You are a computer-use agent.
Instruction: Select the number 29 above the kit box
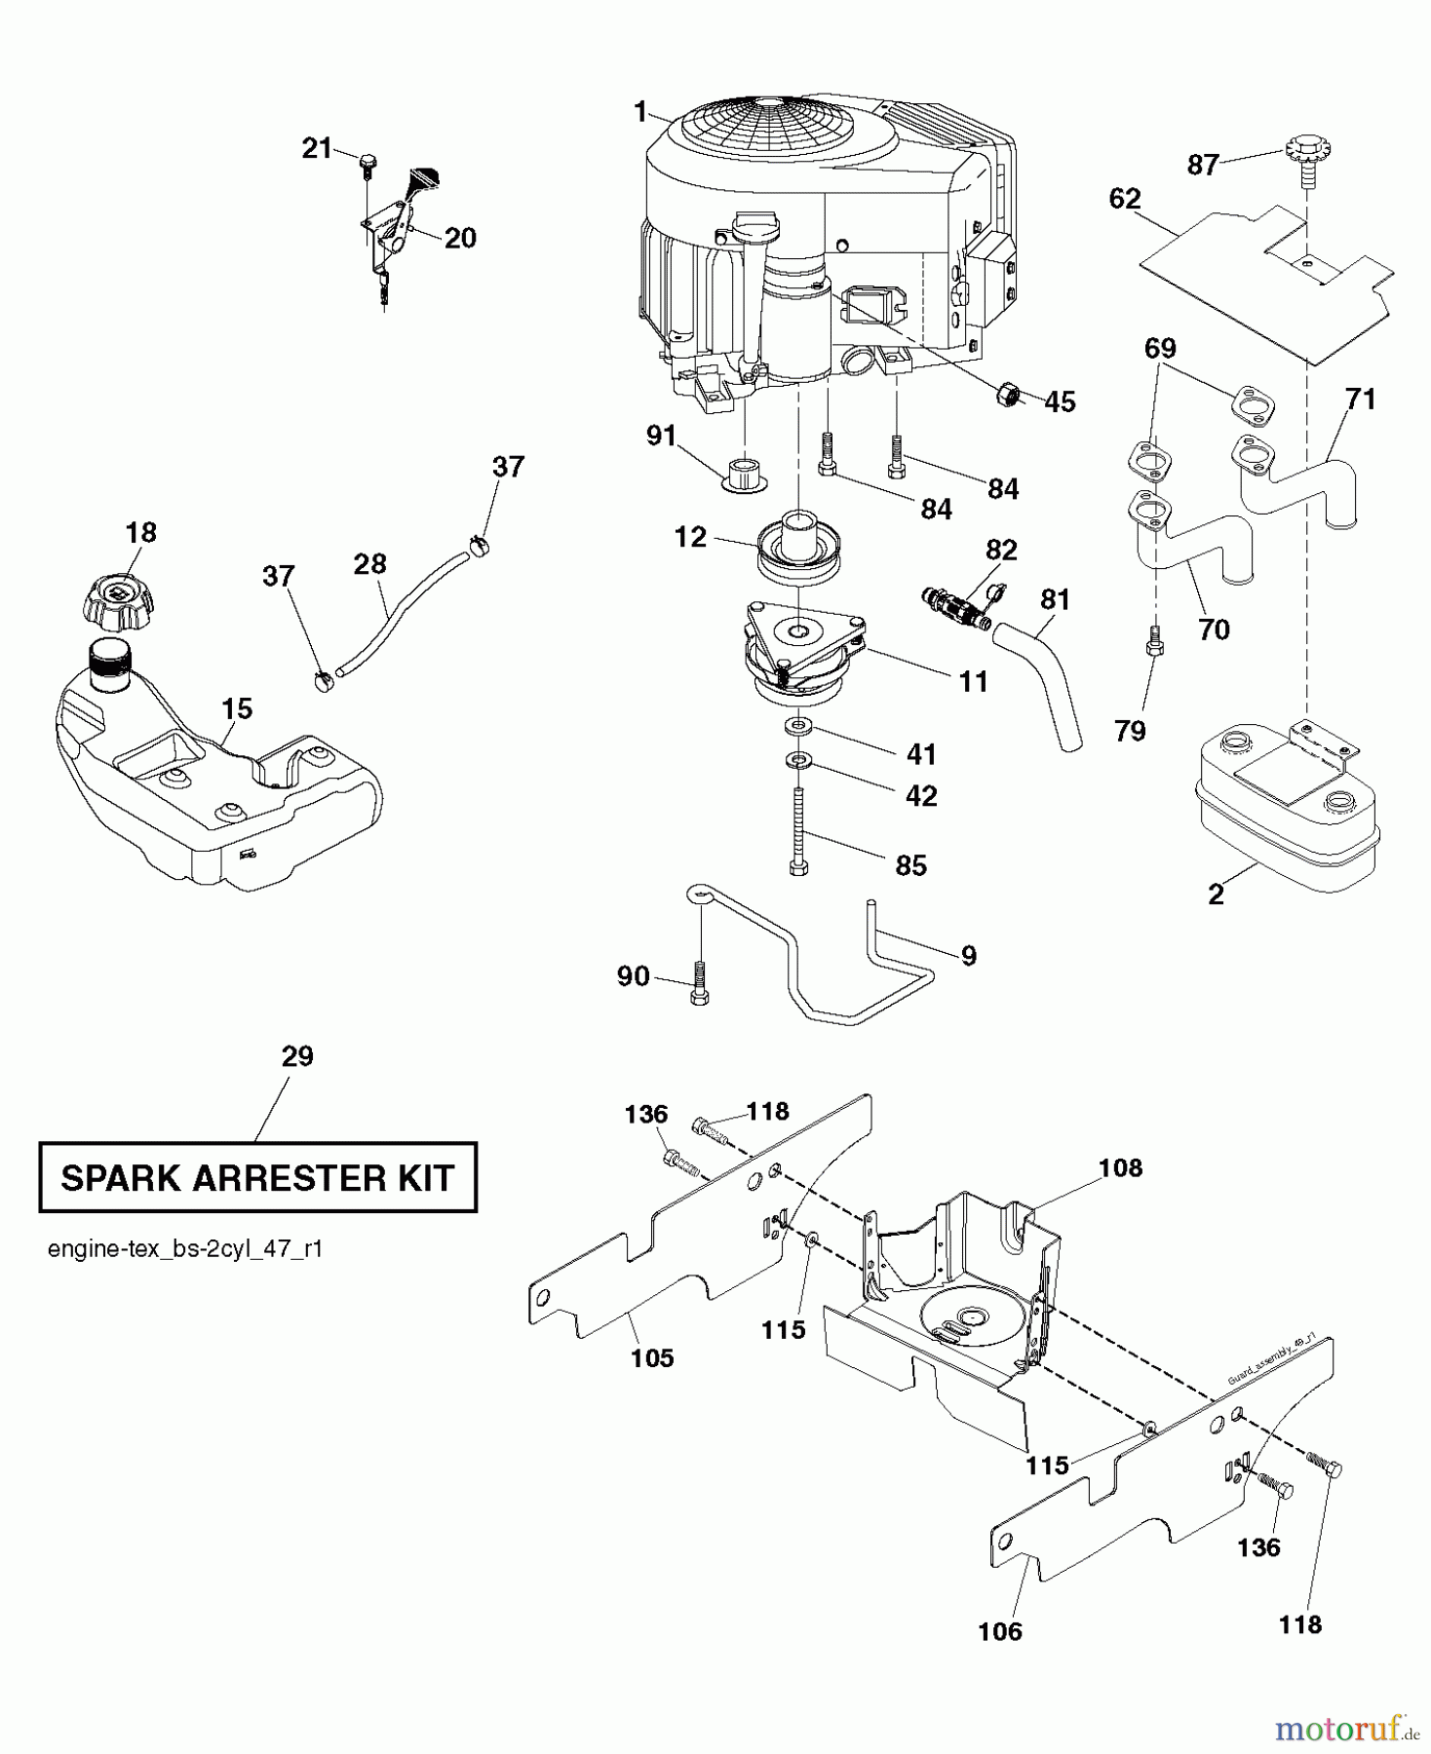pyautogui.click(x=297, y=1056)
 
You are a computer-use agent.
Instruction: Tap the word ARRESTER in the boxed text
pyautogui.click(x=287, y=1178)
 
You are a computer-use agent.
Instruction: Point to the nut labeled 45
pyautogui.click(x=1008, y=395)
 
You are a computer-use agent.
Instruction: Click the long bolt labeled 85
pyautogui.click(x=798, y=833)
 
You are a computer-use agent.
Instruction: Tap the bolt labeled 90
pyautogui.click(x=699, y=980)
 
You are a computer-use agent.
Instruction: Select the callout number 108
pyautogui.click(x=1120, y=1167)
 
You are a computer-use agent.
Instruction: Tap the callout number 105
pyautogui.click(x=652, y=1357)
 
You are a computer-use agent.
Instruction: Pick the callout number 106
pyautogui.click(x=1000, y=1630)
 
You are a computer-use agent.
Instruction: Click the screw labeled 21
pyautogui.click(x=367, y=164)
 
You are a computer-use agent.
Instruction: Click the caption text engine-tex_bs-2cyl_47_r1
pyautogui.click(x=185, y=1249)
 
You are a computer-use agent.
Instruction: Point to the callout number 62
pyautogui.click(x=1124, y=199)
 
